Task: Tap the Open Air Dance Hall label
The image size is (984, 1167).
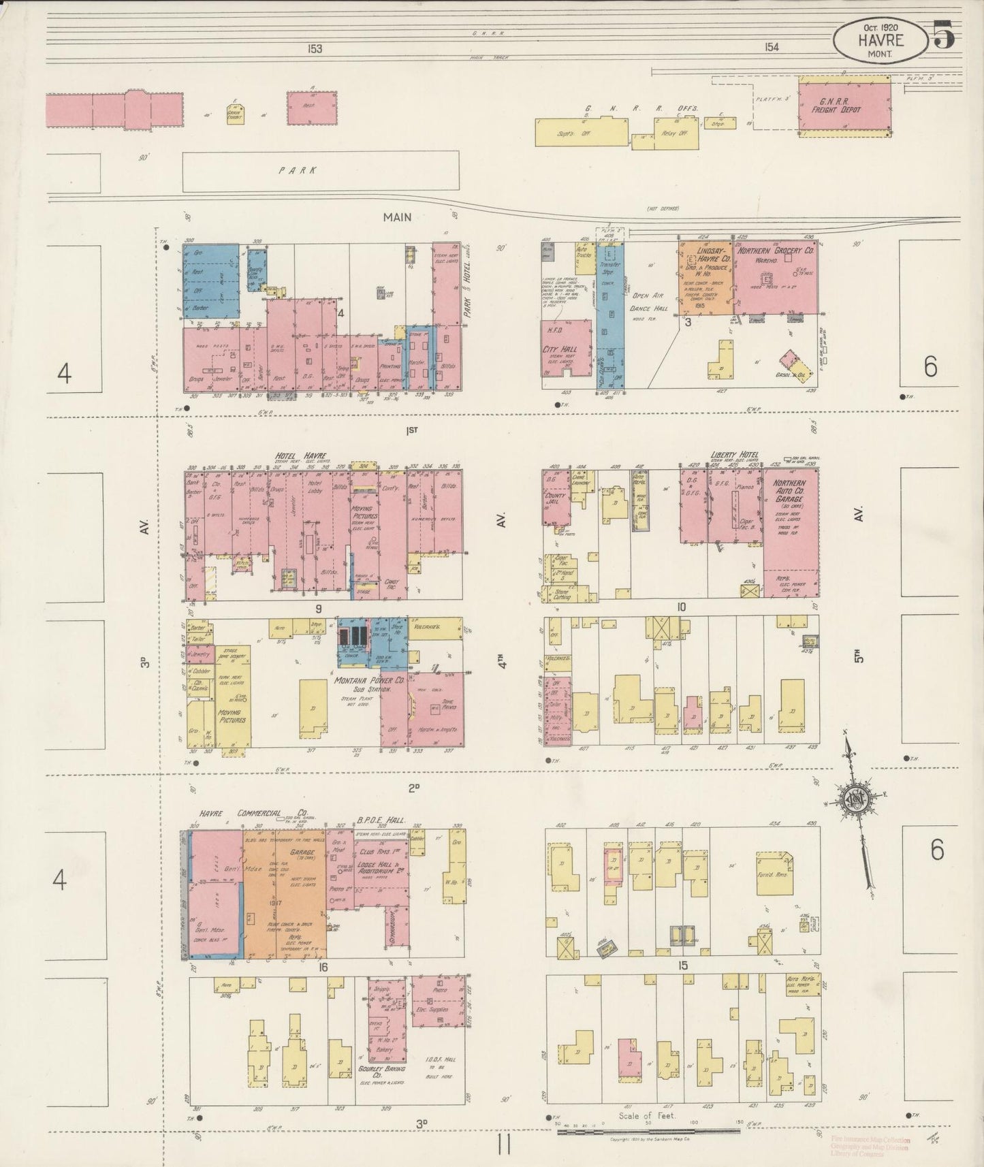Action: (650, 302)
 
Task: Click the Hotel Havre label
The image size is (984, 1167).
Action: (301, 455)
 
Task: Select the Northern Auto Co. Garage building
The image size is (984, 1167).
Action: (791, 531)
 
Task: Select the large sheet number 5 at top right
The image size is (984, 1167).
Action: (944, 35)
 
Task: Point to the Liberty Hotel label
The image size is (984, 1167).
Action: (735, 455)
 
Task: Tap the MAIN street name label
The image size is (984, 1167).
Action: (397, 217)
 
